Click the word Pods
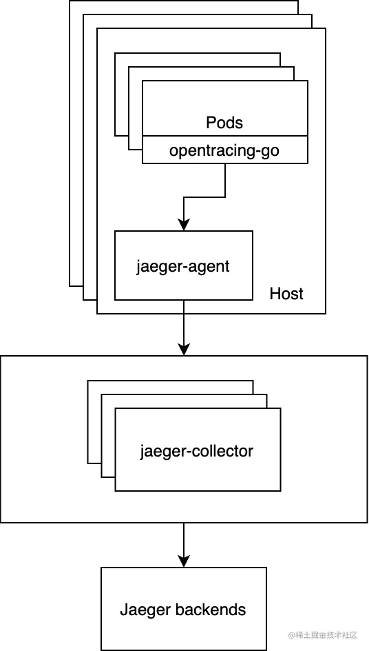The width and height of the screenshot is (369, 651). [224, 123]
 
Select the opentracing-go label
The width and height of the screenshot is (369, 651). [224, 150]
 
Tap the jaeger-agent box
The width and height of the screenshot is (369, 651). [184, 266]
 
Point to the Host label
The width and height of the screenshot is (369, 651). [286, 294]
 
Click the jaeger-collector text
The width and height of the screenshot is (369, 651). [196, 450]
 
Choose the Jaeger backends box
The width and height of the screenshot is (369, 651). [184, 609]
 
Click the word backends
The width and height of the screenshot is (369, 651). [211, 610]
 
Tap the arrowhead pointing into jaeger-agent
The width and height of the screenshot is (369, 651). [184, 225]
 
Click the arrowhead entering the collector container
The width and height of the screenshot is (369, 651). [184, 350]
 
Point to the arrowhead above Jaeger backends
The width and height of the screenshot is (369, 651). [184, 561]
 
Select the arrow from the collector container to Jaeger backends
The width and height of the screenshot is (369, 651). [184, 545]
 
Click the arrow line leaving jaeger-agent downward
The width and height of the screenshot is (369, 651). [184, 328]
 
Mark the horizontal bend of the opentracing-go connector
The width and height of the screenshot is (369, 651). [204, 197]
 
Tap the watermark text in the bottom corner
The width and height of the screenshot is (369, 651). [323, 635]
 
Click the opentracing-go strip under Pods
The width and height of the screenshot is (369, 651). [225, 150]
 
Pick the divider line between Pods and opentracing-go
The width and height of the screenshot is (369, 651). [225, 135]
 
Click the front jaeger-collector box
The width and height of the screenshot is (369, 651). [198, 450]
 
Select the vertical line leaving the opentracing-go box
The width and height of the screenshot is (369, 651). [225, 180]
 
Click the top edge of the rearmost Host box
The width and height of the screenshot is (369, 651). [184, 1]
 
